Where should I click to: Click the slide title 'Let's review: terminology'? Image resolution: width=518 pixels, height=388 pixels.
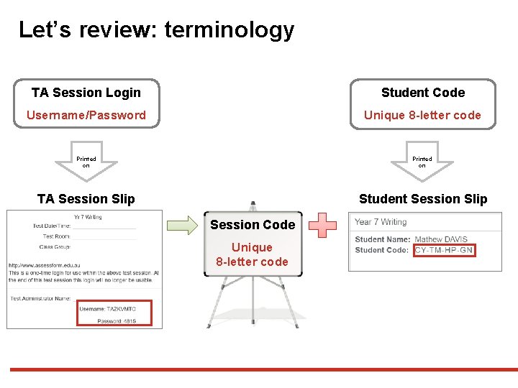(x=156, y=30)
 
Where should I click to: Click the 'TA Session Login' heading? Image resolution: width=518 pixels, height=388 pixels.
(x=86, y=93)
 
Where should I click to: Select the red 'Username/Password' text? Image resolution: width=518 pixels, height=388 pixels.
(x=86, y=115)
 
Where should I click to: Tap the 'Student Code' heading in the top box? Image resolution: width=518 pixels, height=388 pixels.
(x=423, y=93)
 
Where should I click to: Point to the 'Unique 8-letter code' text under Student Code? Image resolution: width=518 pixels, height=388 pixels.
(x=422, y=115)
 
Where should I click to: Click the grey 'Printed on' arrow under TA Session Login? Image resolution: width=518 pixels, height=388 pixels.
(x=86, y=163)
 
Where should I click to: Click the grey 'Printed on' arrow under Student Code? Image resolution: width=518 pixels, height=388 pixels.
(x=422, y=163)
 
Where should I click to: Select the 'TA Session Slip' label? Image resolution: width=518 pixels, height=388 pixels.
(x=86, y=199)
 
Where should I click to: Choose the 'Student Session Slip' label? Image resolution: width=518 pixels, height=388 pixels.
(x=423, y=199)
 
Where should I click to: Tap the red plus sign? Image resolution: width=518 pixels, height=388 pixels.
(x=327, y=225)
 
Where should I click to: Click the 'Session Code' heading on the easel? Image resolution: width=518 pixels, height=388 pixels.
(x=253, y=225)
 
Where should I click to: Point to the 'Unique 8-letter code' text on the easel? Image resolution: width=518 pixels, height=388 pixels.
(x=253, y=254)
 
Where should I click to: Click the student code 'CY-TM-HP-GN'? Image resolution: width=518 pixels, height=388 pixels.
(x=445, y=250)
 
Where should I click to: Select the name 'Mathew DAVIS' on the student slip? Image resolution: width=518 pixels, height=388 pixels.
(x=441, y=239)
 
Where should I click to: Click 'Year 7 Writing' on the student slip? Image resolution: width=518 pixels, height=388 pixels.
(x=381, y=222)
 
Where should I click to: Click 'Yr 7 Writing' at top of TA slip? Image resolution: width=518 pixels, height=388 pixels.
(x=88, y=217)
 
